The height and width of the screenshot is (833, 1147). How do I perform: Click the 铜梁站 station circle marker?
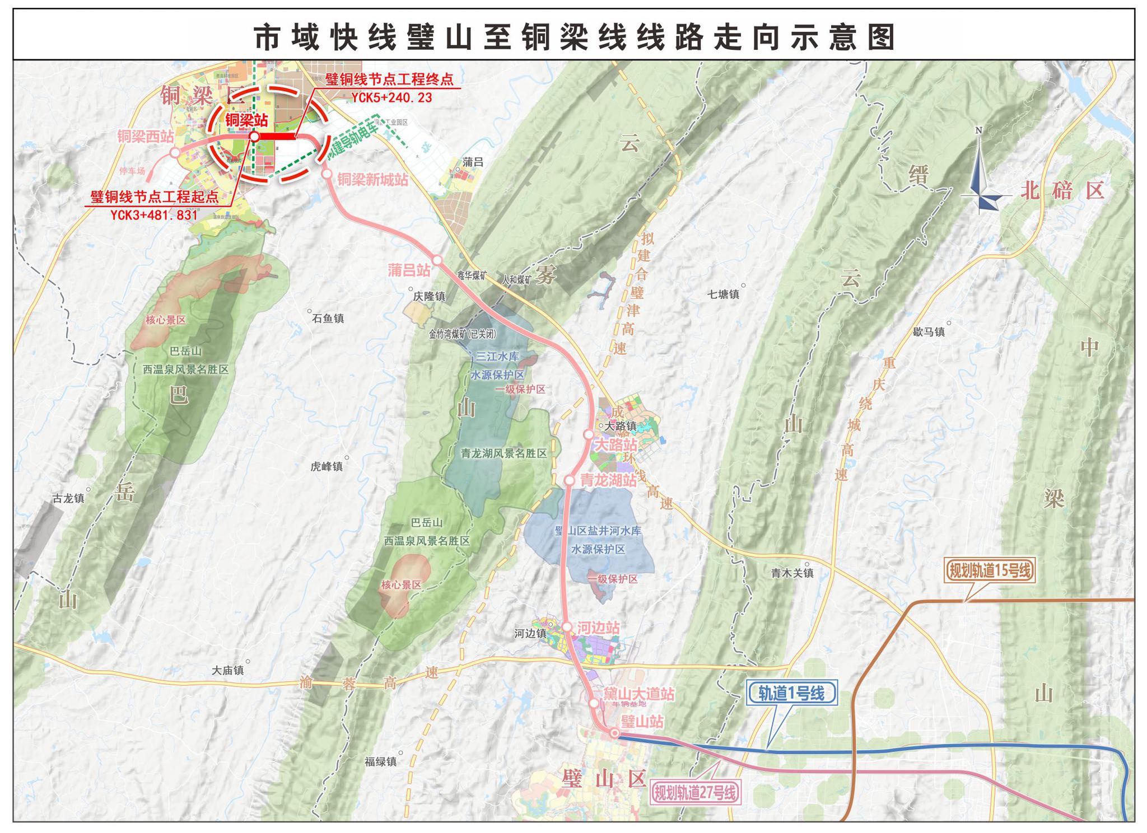coord(254,136)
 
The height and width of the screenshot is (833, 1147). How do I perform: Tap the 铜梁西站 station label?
coord(146,136)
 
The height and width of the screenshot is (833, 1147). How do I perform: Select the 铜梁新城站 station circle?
coord(327,174)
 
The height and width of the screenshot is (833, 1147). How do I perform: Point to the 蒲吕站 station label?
coord(409,270)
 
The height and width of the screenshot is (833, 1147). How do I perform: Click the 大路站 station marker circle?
coord(588,434)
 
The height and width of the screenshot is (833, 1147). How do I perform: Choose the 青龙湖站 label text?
coord(608,480)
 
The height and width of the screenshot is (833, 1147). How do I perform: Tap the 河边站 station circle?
coord(567,626)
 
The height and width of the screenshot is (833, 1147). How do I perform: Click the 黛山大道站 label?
coord(638,694)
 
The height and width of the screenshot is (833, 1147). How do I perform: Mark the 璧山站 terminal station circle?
coord(614,733)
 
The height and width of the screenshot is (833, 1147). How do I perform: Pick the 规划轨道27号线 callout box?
coord(694,793)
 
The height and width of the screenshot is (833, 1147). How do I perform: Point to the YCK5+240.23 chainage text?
coord(391,98)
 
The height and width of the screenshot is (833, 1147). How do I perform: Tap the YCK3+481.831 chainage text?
coord(154,215)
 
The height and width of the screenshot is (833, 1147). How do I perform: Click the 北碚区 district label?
coord(1062,191)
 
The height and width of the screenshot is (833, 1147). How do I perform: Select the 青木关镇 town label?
coord(792,573)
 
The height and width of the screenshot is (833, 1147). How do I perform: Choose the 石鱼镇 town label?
coord(328,319)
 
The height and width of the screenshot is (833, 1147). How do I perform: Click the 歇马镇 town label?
coord(929,332)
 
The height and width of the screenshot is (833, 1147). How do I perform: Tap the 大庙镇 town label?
coord(228,671)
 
